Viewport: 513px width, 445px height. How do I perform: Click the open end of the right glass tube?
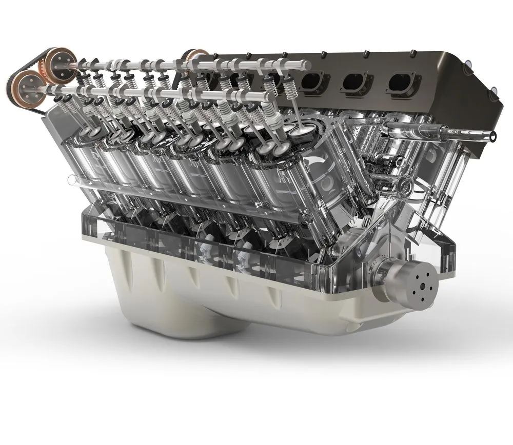[492, 136]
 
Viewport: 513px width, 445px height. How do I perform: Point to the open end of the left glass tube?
[71, 179]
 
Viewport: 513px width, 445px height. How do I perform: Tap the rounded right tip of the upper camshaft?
[308, 65]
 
